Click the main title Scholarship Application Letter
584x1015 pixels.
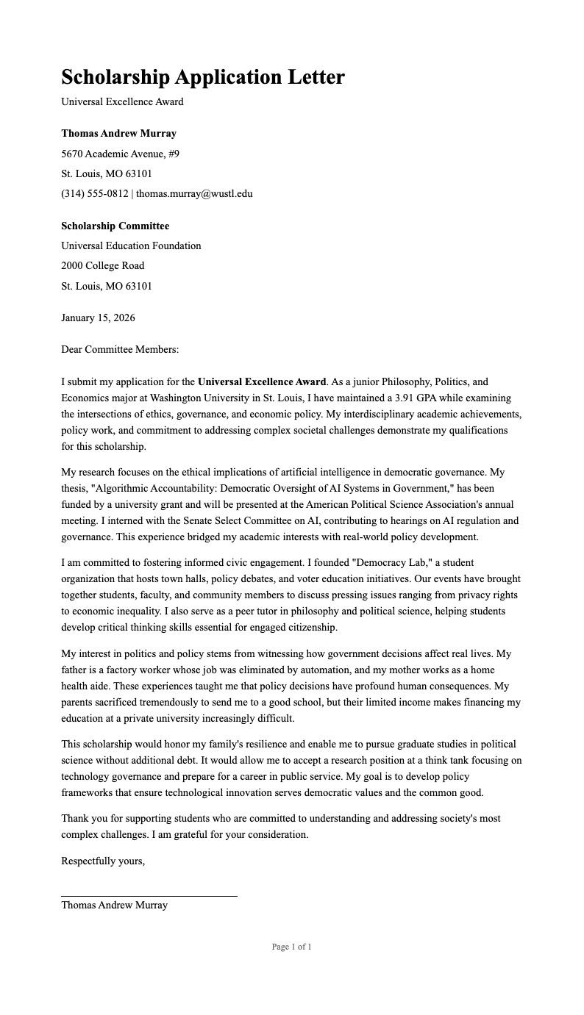[202, 76]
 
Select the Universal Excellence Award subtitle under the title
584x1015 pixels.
[122, 101]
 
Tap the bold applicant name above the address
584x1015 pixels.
[118, 133]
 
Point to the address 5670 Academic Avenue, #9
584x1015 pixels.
[120, 154]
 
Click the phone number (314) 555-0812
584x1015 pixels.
[94, 193]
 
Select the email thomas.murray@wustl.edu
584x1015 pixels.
[194, 193]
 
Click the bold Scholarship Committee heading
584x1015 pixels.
[115, 226]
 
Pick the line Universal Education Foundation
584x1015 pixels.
[131, 245]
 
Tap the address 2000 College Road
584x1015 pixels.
[102, 265]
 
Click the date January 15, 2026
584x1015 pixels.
[98, 318]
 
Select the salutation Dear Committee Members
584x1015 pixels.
[120, 350]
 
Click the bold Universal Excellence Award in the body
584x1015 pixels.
[261, 381]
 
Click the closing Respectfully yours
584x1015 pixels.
[103, 861]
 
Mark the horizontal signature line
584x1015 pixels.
[149, 896]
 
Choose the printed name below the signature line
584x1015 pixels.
[114, 905]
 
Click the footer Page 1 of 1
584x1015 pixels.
[291, 947]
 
